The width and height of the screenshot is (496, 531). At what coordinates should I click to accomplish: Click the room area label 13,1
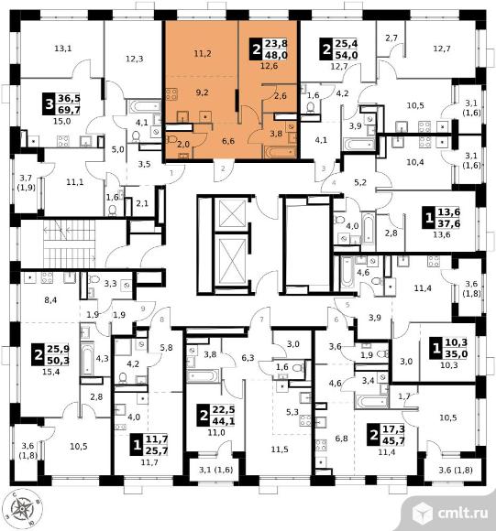coord(63,49)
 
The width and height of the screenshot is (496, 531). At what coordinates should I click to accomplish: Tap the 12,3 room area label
coord(134,59)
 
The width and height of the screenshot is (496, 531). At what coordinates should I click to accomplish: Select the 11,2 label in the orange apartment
coord(203,53)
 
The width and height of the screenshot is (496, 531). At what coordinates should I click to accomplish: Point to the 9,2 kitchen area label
coord(202,92)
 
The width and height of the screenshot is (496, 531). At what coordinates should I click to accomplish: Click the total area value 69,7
coord(69,110)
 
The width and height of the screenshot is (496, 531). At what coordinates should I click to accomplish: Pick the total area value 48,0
coord(276,55)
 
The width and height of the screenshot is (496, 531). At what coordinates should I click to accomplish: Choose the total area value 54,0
coord(347,55)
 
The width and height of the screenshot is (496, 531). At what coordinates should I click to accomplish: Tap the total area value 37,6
coord(449,223)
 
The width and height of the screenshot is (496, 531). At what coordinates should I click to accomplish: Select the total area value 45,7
coord(394,440)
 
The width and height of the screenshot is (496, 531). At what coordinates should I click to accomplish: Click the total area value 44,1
coord(224,421)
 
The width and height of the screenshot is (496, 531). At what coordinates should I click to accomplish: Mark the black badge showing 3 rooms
coord(50,104)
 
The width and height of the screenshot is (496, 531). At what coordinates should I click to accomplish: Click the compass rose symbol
coord(24,509)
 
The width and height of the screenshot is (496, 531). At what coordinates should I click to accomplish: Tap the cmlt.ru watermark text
coord(463,513)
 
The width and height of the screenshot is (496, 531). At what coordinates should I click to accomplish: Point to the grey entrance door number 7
coord(261,320)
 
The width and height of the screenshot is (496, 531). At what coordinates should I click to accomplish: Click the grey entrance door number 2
coord(223,168)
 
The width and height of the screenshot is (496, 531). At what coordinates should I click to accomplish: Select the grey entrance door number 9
coord(143,309)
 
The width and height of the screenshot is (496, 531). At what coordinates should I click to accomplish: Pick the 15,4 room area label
coord(50,372)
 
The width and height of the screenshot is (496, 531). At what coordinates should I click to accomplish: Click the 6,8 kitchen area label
coord(341,439)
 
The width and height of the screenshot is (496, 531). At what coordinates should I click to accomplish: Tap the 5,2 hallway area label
coord(360,183)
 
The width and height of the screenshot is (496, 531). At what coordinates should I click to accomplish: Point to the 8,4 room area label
coord(50,299)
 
